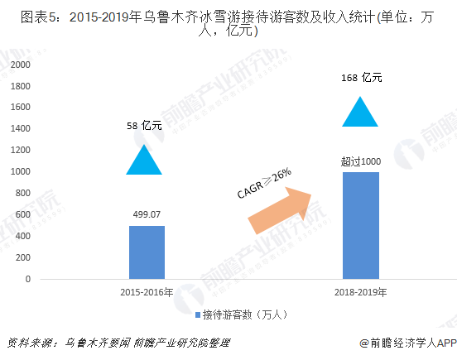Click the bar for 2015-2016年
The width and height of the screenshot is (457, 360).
147,252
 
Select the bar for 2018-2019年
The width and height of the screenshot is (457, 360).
360,225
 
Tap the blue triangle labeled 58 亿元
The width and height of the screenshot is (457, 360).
144,161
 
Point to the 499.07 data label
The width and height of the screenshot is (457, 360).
147,214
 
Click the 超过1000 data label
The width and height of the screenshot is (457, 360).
359,161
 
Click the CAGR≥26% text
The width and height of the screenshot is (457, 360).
263,184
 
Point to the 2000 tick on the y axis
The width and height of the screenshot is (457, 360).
22,65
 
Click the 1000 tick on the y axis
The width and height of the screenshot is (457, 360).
22,171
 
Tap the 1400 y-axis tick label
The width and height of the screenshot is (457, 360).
22,129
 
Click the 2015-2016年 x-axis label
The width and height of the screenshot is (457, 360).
147,292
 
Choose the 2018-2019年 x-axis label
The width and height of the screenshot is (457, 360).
360,292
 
